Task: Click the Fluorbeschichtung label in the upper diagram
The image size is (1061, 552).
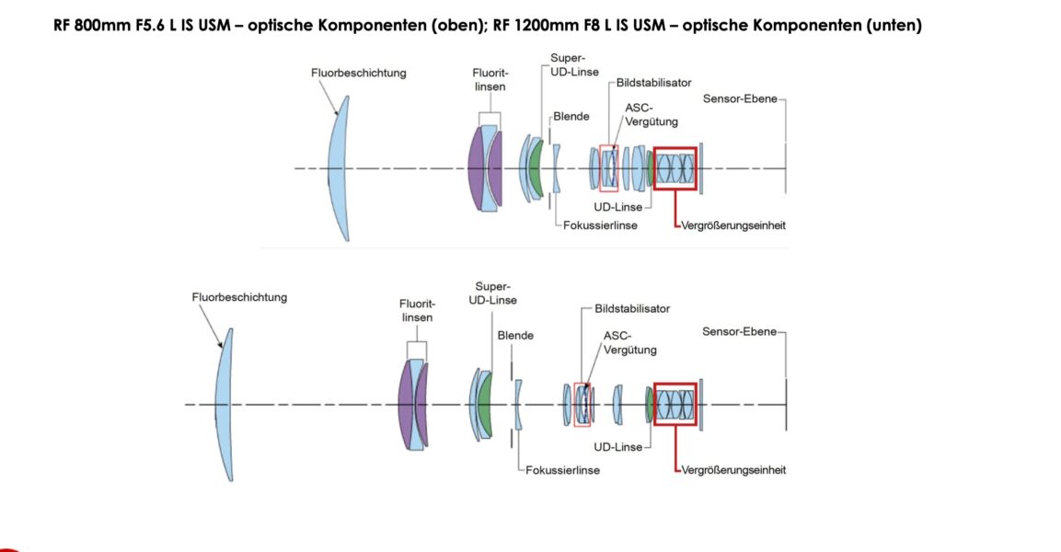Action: [358, 73]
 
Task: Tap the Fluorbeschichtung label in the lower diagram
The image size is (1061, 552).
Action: [239, 297]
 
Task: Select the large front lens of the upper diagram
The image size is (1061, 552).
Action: [339, 169]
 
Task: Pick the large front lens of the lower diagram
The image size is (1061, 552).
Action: [225, 405]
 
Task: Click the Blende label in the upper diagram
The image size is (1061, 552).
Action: [571, 117]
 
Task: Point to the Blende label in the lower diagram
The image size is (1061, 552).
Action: [515, 336]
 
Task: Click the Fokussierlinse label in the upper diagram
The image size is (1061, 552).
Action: [600, 225]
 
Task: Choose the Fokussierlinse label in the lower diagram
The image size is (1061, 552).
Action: [562, 470]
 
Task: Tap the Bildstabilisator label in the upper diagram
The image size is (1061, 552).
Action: [653, 83]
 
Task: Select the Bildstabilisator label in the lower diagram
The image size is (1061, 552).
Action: [631, 309]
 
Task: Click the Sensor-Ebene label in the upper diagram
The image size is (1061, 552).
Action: [740, 98]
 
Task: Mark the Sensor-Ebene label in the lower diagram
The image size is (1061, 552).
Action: [739, 332]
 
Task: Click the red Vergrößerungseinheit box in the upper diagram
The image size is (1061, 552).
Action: [675, 168]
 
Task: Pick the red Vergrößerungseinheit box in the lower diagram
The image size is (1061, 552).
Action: [675, 405]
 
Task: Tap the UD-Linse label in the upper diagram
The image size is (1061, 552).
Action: [617, 207]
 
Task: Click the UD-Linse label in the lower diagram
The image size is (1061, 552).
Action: [618, 447]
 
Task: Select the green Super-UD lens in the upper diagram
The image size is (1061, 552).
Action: [536, 167]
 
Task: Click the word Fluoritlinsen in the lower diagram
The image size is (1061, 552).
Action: [417, 310]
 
